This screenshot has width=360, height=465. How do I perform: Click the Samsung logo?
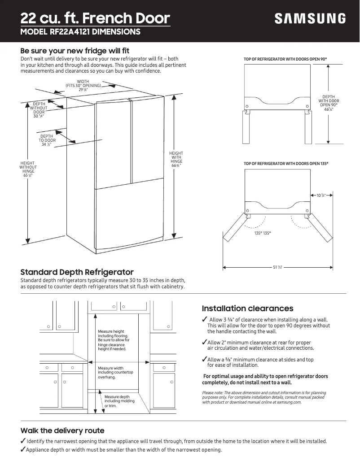click(x=310, y=19)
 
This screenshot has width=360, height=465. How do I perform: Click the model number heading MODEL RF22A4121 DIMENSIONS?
click(x=80, y=32)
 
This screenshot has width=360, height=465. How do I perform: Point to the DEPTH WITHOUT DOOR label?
click(x=39, y=110)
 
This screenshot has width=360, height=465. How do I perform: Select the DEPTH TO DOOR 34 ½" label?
click(x=47, y=140)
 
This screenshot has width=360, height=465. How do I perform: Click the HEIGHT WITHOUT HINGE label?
click(x=28, y=169)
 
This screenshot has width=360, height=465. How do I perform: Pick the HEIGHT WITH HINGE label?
click(x=176, y=160)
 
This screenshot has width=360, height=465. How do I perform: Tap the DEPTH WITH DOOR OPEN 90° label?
click(x=329, y=103)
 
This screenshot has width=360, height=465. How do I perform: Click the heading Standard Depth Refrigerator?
click(x=77, y=272)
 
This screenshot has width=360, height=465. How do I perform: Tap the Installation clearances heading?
click(x=247, y=309)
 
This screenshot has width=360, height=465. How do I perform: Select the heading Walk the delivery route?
click(x=62, y=431)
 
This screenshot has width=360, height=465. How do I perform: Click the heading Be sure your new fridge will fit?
click(x=75, y=51)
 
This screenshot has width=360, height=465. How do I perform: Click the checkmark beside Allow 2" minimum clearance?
click(x=204, y=343)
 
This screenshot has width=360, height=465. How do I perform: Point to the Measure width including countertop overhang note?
click(x=115, y=373)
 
